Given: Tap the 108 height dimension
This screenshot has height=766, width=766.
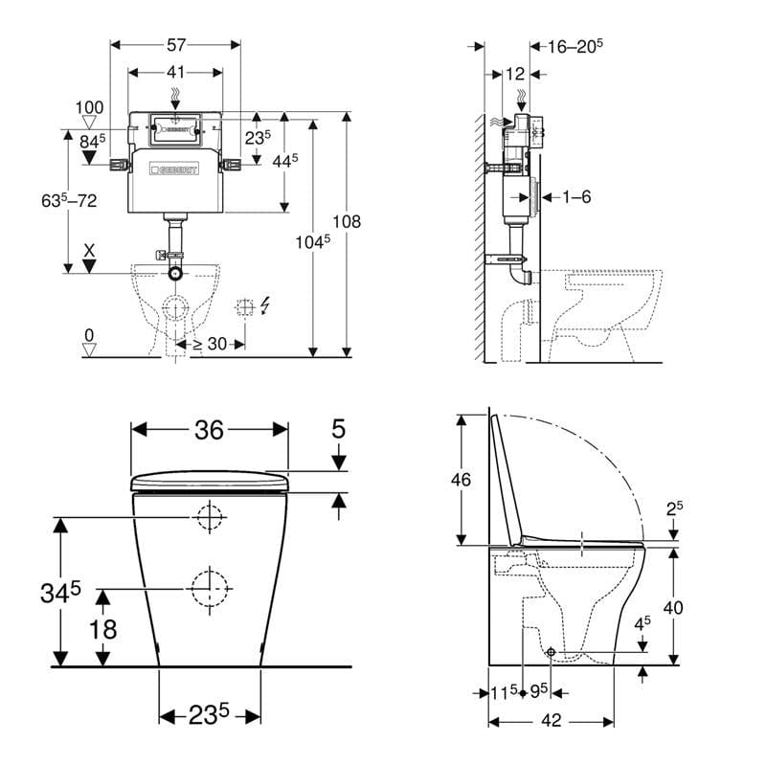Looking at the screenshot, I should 352,221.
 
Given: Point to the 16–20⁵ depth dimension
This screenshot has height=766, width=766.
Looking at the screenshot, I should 574,45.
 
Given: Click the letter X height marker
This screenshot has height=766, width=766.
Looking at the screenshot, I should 90,248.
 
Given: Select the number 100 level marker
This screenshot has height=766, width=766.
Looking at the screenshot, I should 90,108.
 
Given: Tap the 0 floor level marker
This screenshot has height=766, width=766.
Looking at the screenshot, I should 89,336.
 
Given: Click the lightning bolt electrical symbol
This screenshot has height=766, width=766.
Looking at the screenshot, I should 265,305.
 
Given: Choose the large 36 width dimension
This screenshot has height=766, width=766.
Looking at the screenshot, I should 209,431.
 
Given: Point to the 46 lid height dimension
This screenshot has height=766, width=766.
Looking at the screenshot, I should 461,480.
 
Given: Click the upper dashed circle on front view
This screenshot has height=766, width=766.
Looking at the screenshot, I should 209,518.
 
